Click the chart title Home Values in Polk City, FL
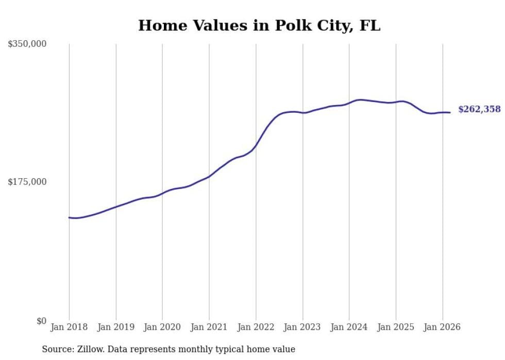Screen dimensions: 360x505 (x=259, y=26)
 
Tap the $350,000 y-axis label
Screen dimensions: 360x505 (x=27, y=44)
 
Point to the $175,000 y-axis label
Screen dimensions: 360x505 (x=27, y=182)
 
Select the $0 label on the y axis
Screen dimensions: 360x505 (x=41, y=321)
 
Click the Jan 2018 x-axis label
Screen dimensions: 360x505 (x=69, y=327)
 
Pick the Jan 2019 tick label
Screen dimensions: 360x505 (x=116, y=327)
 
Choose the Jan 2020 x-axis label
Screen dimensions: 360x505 (x=162, y=327)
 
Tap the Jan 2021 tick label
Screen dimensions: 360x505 (x=209, y=327)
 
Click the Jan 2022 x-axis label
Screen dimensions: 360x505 (x=256, y=327)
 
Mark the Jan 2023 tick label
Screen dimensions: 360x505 (x=302, y=327)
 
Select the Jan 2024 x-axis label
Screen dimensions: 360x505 (x=349, y=327)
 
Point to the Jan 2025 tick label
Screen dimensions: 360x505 (x=396, y=327)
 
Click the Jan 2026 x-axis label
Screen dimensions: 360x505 (x=442, y=327)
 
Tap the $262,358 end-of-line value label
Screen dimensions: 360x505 (x=479, y=109)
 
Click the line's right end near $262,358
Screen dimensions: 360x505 (x=450, y=112)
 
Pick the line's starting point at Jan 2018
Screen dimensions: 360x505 (x=69, y=217)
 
